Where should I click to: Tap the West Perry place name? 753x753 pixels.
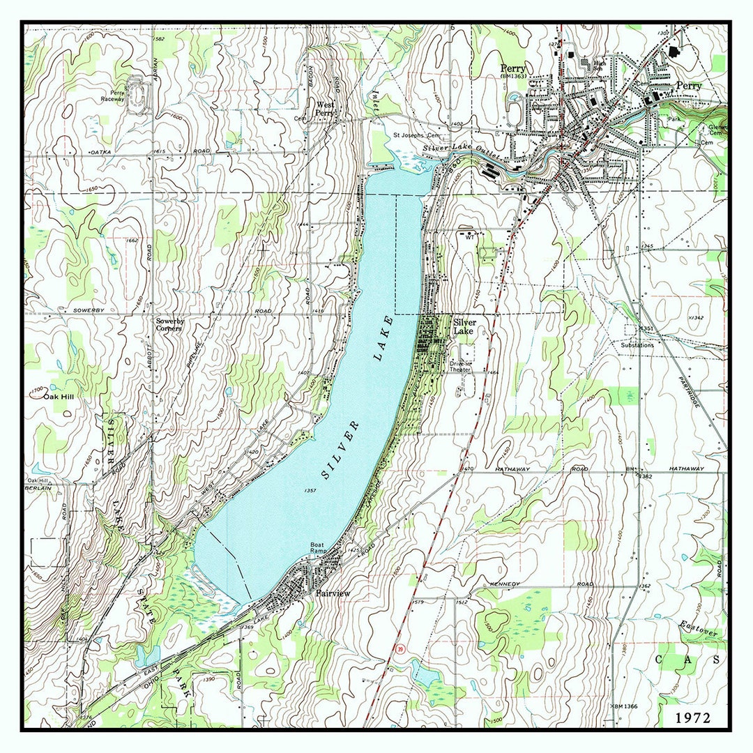pyautogui.click(x=325, y=108)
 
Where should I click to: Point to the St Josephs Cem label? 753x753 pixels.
pyautogui.click(x=416, y=135)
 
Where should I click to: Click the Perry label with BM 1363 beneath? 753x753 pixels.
pyautogui.click(x=512, y=73)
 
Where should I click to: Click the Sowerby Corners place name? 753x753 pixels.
pyautogui.click(x=169, y=325)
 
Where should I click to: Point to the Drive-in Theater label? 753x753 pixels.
pyautogui.click(x=460, y=366)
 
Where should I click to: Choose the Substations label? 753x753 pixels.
pyautogui.click(x=637, y=345)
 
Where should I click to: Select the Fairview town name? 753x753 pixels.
pyautogui.click(x=333, y=593)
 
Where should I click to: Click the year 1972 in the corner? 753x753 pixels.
pyautogui.click(x=692, y=717)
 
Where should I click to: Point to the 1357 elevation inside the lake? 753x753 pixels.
pyautogui.click(x=311, y=490)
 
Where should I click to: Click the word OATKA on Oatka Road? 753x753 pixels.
pyautogui.click(x=100, y=151)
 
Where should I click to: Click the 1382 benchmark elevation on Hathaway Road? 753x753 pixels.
pyautogui.click(x=644, y=476)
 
